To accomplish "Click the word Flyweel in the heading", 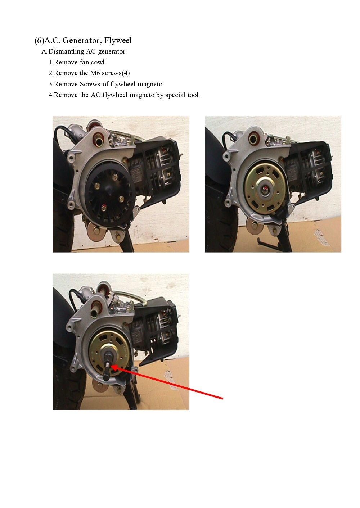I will (118, 40).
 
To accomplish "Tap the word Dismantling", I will (66, 51).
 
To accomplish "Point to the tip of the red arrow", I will (112, 366).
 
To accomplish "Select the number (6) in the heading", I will (39, 40).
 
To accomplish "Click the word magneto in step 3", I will (150, 84).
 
